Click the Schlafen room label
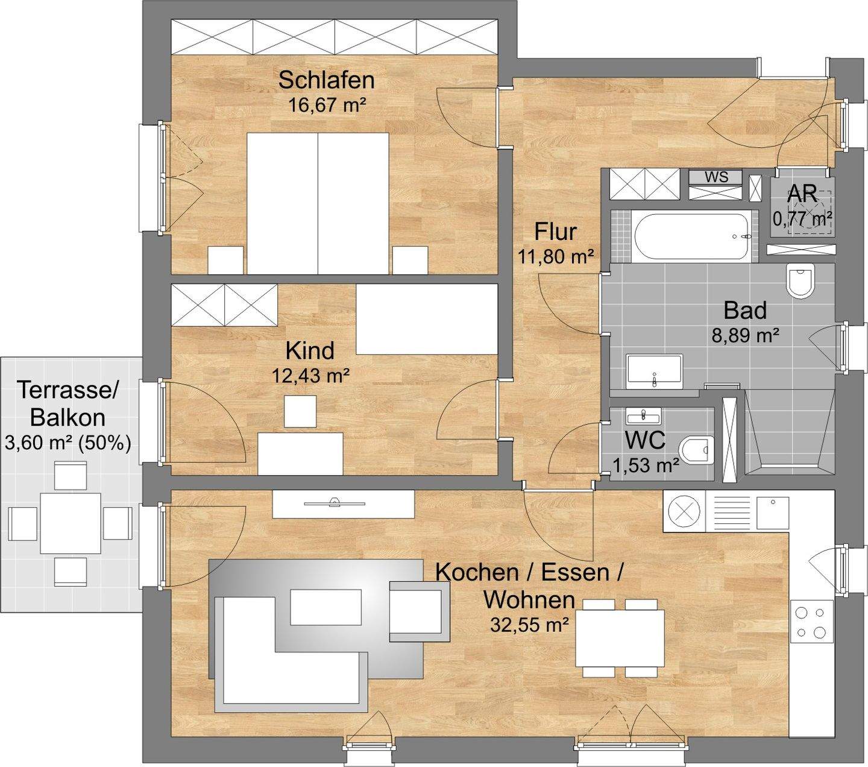327,80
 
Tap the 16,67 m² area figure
327,105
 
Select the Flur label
555,232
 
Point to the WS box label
716,177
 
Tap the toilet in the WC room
697,450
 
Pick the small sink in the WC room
643,415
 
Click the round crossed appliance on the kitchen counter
685,511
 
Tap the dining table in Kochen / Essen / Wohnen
620,637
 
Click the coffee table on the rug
326,607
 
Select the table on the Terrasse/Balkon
71,523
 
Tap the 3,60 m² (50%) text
68,443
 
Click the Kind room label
310,351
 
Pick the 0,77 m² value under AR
802,219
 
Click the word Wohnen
529,600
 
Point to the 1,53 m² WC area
646,465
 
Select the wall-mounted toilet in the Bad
800,280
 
